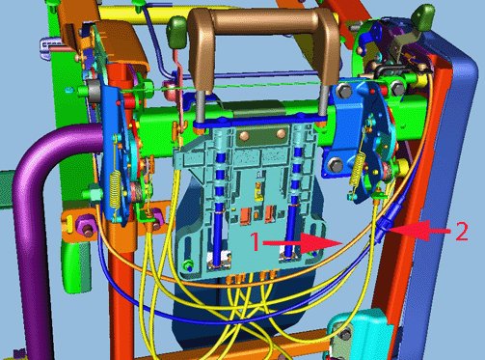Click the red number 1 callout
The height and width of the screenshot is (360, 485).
[x=256, y=241]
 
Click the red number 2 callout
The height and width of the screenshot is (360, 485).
[x=462, y=232]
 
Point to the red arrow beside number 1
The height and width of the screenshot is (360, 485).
[x=303, y=243]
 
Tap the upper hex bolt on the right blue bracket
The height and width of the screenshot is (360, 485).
[x=344, y=91]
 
